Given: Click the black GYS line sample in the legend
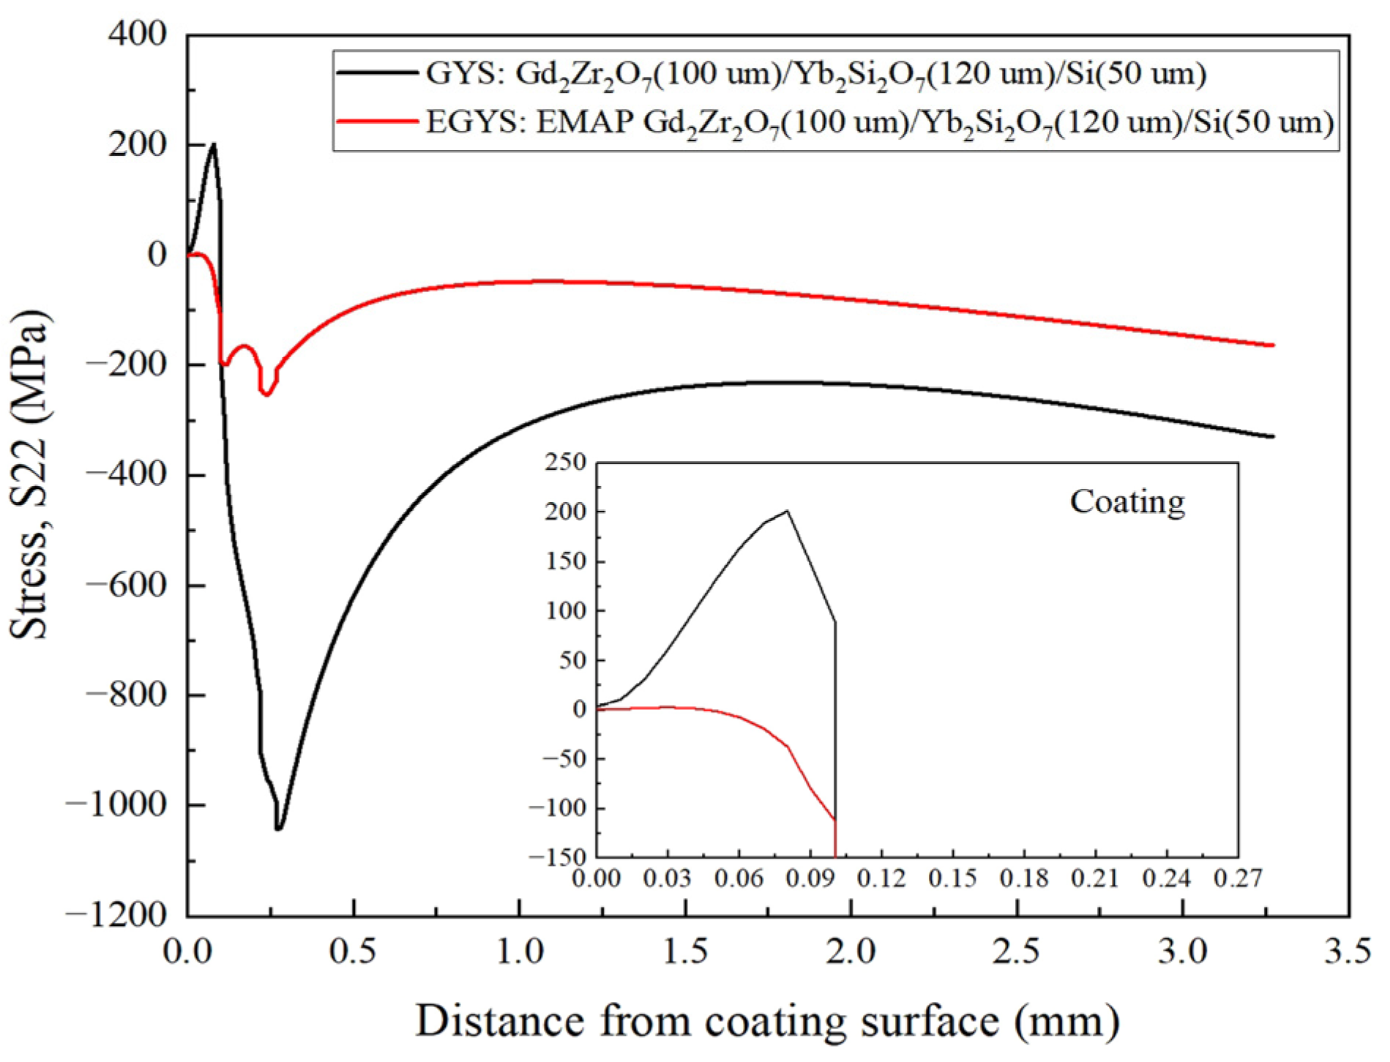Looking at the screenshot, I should coord(376,72).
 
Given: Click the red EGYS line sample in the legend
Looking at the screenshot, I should coord(376,120).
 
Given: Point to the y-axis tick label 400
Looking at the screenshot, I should coord(138,34).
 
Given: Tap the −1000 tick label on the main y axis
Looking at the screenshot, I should coord(117,804).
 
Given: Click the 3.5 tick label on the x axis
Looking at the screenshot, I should coord(1348,951).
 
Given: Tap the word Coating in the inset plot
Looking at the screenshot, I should coord(1127,502).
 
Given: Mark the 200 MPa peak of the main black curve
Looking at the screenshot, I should coord(213,145).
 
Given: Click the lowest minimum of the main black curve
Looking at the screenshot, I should coord(278,829).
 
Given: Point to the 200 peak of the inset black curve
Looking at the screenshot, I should coord(787,511).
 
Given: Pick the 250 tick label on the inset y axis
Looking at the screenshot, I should coord(566,463).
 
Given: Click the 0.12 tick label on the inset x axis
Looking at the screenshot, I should coord(881,878).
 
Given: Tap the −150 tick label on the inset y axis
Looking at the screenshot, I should coord(559,856).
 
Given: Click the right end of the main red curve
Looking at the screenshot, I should coord(1273,345).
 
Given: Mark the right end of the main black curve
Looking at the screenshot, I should coord(1273,436).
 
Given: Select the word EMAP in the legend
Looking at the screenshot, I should coord(585,121).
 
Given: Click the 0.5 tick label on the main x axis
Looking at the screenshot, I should coord(354,951).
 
